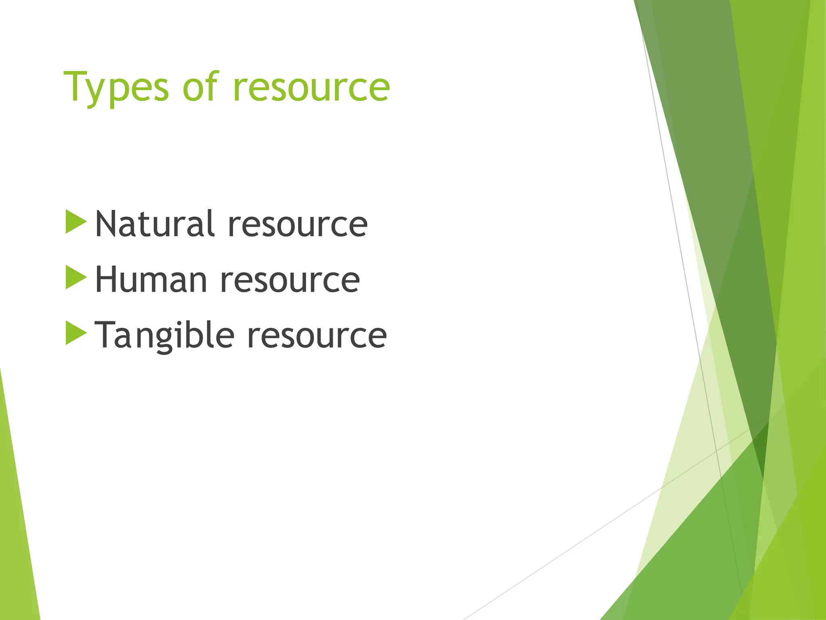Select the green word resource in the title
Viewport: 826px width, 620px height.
(311, 87)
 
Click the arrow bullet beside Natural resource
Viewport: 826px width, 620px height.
(76, 222)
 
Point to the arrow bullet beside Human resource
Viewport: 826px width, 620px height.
(76, 277)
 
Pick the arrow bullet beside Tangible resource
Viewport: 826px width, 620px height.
(76, 333)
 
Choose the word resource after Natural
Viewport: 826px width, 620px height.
(298, 224)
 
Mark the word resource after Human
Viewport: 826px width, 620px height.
(290, 280)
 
